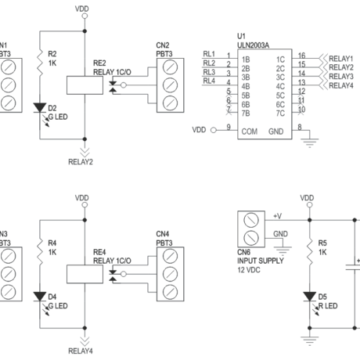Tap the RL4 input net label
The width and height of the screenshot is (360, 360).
[x=209, y=80]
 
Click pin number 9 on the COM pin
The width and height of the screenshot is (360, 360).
[x=228, y=127]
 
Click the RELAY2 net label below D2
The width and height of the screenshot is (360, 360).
[x=81, y=164]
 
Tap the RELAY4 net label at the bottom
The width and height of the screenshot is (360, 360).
[x=81, y=351]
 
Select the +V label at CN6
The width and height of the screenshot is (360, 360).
[x=279, y=212]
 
